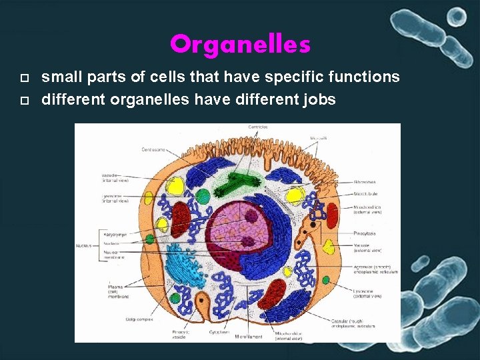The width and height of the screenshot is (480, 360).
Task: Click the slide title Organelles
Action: (x=240, y=45)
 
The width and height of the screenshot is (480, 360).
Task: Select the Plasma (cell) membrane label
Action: (x=116, y=291)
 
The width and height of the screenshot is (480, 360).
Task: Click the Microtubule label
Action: (x=365, y=194)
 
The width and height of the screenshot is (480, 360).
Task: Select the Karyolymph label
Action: (x=115, y=235)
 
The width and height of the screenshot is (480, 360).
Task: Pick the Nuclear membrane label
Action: (x=115, y=255)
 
